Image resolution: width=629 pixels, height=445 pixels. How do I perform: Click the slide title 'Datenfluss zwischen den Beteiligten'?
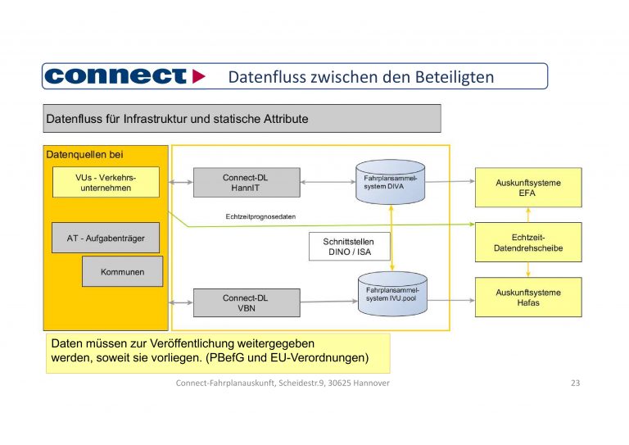(x=360, y=77)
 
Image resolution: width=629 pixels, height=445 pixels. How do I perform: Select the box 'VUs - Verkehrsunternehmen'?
(x=106, y=182)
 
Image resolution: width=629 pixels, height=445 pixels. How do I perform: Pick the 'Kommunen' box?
(x=122, y=271)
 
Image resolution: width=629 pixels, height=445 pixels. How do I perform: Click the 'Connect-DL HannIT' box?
(x=247, y=183)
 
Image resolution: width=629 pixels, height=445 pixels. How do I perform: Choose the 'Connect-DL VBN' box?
(x=246, y=302)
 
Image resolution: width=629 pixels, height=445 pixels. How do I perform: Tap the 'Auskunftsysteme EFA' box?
(x=528, y=188)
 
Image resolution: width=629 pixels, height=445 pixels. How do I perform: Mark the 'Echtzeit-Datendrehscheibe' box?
(x=528, y=242)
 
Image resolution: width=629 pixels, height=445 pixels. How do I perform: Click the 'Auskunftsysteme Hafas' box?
(x=528, y=297)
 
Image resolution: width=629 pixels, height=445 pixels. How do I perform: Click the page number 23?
(x=574, y=384)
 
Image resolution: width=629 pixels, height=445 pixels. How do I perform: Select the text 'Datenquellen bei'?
(x=84, y=154)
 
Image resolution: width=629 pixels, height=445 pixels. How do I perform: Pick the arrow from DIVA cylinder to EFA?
(x=451, y=177)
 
